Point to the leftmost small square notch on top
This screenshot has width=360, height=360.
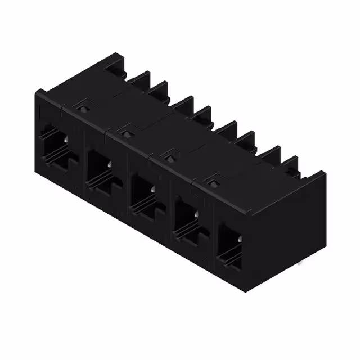tap(84, 104)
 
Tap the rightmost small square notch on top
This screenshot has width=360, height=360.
tap(213, 181)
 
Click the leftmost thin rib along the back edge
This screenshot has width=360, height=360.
tap(138, 79)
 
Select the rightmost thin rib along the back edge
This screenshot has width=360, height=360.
tap(290, 164)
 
